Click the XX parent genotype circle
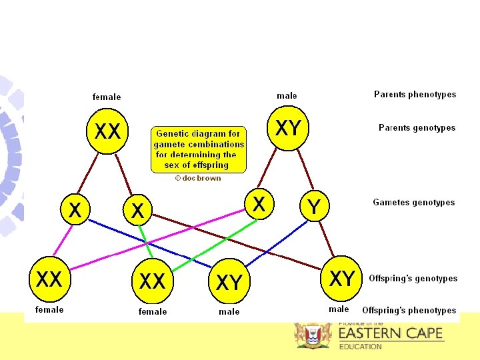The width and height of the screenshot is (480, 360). click(x=107, y=131)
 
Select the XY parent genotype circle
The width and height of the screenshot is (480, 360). click(x=287, y=127)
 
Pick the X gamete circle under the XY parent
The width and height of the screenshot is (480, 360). click(x=259, y=205)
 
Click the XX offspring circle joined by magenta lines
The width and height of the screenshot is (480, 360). click(x=49, y=279)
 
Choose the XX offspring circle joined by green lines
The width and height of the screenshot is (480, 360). click(x=152, y=281)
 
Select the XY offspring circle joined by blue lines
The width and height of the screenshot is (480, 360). click(x=229, y=283)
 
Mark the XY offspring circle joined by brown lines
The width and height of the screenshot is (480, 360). click(x=342, y=279)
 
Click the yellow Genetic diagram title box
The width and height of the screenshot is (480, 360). click(x=199, y=149)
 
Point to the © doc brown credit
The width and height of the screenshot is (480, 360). click(x=197, y=178)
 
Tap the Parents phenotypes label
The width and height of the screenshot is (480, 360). click(x=415, y=95)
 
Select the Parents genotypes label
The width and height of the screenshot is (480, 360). click(x=417, y=127)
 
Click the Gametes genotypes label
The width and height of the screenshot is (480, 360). click(x=413, y=202)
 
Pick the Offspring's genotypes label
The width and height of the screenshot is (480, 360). click(x=413, y=279)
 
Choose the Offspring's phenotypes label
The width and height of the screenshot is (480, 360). click(x=409, y=310)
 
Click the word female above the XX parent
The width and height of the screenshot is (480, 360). click(x=107, y=97)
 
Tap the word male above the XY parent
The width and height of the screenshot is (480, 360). click(x=287, y=96)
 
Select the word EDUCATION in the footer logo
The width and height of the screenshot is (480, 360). click(x=360, y=347)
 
